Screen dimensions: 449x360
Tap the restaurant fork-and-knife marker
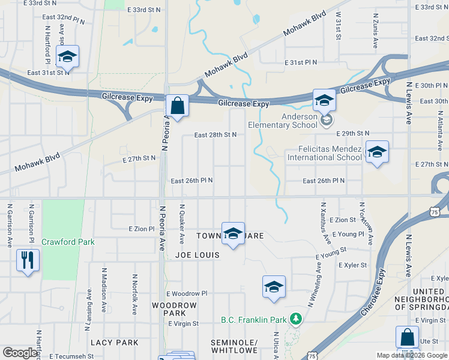(28, 261)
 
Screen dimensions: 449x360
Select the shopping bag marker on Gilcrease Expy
(178, 106)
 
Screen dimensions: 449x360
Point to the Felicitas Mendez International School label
(325, 153)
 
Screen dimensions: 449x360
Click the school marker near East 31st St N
(67, 58)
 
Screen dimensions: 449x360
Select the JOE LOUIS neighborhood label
(197, 255)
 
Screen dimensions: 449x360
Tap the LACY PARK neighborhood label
(115, 343)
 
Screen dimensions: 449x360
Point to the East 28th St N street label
(215, 135)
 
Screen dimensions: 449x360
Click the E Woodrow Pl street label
(187, 293)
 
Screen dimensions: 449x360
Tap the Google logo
(20, 353)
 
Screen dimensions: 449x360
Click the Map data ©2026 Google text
(412, 355)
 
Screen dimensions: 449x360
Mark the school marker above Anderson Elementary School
(324, 100)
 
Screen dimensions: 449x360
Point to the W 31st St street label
(339, 25)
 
